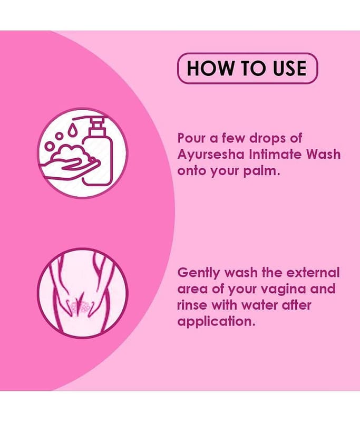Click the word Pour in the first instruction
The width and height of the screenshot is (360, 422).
coord(191,138)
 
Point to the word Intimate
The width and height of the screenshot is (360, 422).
coord(276,155)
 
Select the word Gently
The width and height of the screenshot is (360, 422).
coord(199,273)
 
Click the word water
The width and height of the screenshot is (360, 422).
coord(259,306)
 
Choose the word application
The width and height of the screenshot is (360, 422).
coord(216,322)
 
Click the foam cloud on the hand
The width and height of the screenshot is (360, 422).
coord(72,154)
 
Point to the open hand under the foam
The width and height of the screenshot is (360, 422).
coord(70,169)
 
